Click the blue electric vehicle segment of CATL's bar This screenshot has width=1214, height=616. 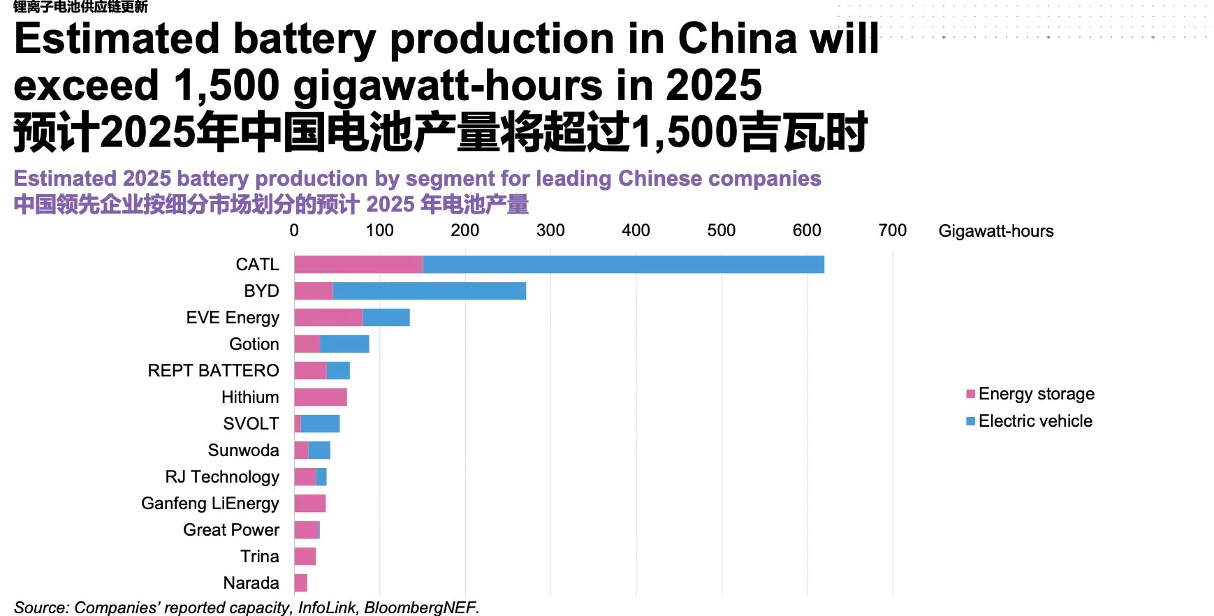click(x=623, y=265)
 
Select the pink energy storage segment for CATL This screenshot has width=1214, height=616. click(x=358, y=265)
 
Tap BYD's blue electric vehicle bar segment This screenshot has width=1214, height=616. click(x=429, y=291)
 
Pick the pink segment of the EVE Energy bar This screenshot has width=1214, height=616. click(x=328, y=318)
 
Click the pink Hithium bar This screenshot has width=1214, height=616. click(x=321, y=397)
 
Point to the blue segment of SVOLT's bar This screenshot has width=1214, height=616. click(x=320, y=424)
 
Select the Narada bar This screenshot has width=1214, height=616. click(x=301, y=583)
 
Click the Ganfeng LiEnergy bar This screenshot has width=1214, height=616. click(x=310, y=504)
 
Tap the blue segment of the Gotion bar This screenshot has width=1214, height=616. click(x=344, y=344)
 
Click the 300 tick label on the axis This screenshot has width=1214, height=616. click(x=550, y=230)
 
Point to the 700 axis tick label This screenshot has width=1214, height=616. click(x=892, y=230)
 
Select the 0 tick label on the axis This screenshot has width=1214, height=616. click(x=294, y=230)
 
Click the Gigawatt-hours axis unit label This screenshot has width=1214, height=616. click(x=995, y=231)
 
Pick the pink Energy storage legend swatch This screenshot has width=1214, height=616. click(x=970, y=394)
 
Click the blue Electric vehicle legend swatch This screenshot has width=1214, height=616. click(x=970, y=421)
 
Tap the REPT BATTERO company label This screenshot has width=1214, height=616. click(x=213, y=371)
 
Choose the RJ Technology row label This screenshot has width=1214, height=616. click(x=222, y=477)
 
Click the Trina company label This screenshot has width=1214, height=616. click(x=259, y=557)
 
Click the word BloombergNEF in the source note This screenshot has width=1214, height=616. click(x=420, y=608)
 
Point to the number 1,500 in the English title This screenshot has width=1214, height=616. click(x=227, y=85)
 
